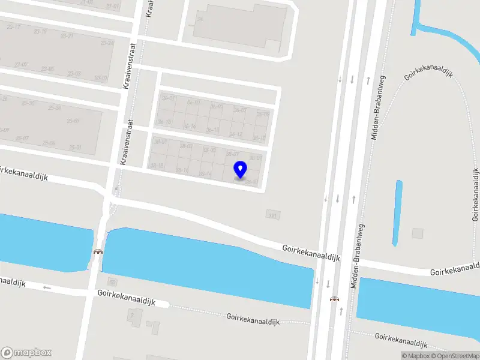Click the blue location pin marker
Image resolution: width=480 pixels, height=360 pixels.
tap(240, 169)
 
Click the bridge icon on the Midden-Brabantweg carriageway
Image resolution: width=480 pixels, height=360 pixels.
tap(334, 298)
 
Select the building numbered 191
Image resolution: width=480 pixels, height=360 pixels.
tap(273, 214)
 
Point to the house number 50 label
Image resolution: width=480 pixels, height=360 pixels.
tap(112, 281)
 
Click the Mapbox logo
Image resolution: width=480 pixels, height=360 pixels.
tap(26, 353)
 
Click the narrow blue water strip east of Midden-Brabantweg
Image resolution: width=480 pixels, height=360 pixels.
tap(397, 213)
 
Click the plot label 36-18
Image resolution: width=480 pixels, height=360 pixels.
tap(164, 122)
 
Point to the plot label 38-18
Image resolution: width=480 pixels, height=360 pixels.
tap(157, 166)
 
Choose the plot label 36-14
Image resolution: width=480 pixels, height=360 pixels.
tap(212, 130)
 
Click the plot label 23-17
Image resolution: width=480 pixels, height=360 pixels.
tap(13, 26)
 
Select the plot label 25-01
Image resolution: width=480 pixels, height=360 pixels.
tap(74, 147)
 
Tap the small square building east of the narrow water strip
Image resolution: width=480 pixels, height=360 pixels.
tap(418, 233)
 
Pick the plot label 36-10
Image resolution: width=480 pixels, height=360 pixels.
tap(260, 138)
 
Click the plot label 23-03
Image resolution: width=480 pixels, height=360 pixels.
tap(74, 73)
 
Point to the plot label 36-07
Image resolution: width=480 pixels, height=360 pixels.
tap(240, 110)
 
